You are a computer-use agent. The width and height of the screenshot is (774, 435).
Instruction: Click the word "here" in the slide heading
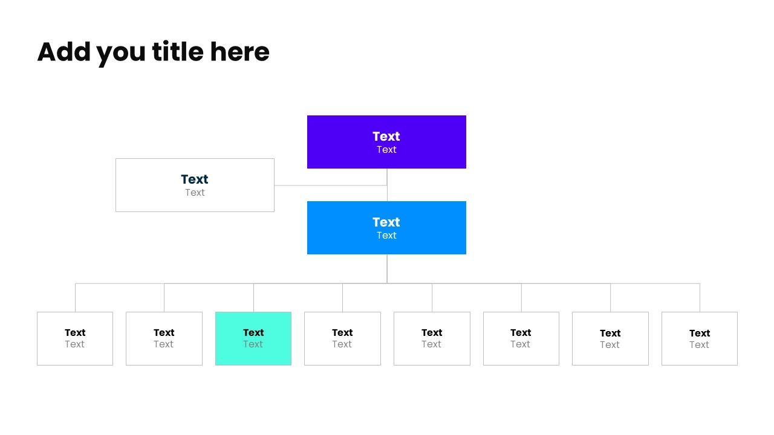click(x=239, y=52)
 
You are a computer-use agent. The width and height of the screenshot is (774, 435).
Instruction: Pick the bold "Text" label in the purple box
click(x=386, y=137)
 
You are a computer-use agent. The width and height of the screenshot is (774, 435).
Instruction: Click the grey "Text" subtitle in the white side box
click(x=195, y=193)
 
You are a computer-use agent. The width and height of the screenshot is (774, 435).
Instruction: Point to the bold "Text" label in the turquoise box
click(x=253, y=332)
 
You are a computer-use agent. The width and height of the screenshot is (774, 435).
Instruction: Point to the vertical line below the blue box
click(x=387, y=268)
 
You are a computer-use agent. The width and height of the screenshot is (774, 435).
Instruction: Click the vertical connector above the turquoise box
click(x=253, y=297)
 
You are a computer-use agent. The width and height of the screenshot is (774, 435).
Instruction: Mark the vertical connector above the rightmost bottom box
click(x=700, y=297)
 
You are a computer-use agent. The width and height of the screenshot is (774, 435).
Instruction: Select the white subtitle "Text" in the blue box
click(x=386, y=236)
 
